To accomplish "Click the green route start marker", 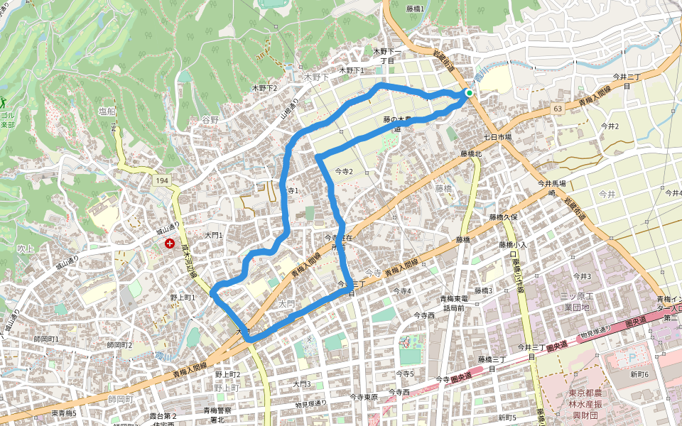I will point(469,93).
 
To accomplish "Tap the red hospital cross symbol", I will point(170,244).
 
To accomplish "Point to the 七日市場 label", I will point(497,136).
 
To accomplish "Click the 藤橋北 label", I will point(470,153).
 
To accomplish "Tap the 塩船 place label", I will point(107,111).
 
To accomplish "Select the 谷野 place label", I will point(210,119).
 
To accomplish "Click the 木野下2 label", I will point(264,88).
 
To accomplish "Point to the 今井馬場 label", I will point(551,183).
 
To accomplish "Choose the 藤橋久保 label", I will point(507,217).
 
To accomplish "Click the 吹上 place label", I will point(26,248).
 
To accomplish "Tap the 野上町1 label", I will point(183,297).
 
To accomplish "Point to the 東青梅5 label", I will point(64,413).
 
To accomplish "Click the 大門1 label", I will point(214,234).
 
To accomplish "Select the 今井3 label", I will point(582,275).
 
